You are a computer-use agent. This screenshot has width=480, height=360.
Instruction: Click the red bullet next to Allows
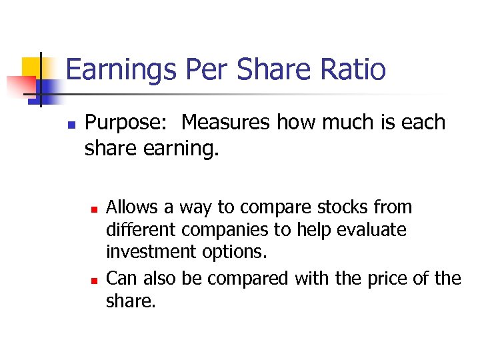95,209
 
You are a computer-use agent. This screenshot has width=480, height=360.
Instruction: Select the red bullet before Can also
95,279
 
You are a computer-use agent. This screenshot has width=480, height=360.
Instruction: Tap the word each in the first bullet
421,123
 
